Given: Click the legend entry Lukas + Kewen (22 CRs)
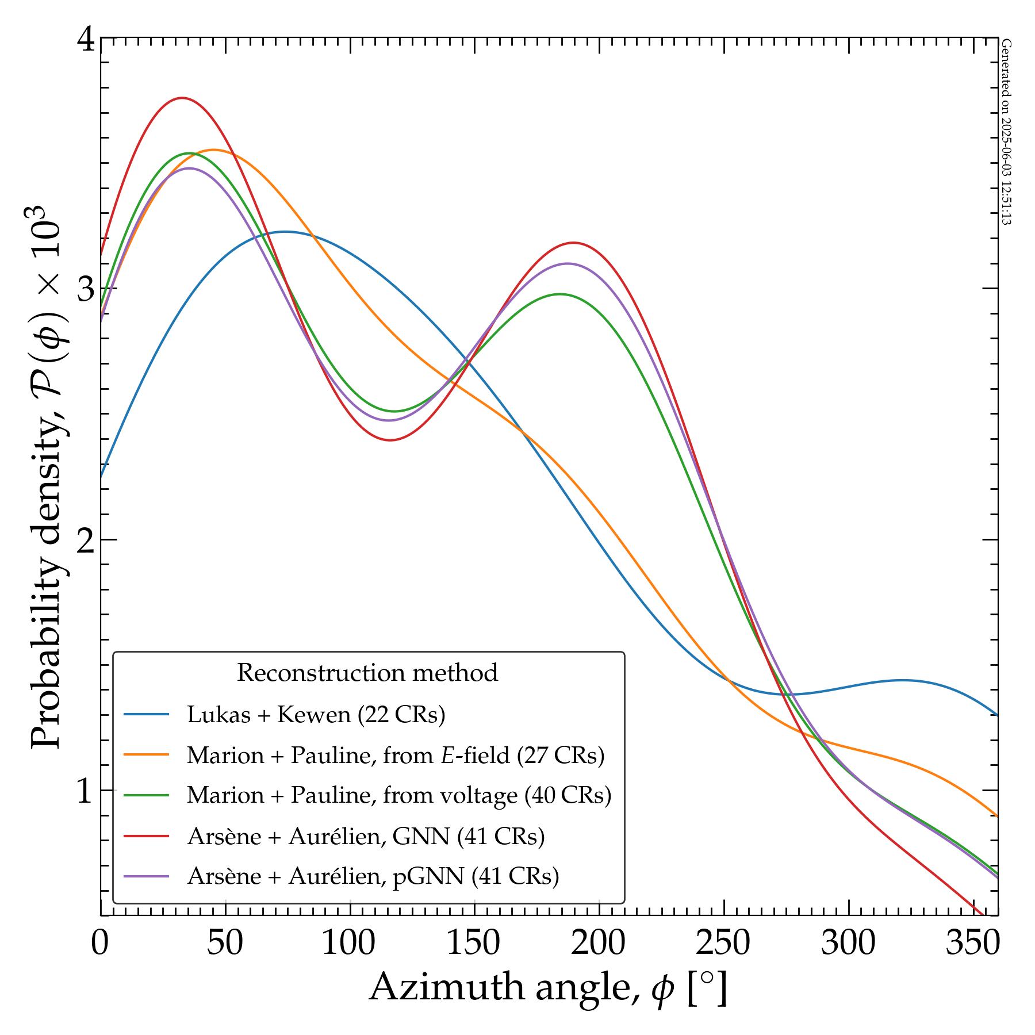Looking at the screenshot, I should pyautogui.click(x=316, y=715).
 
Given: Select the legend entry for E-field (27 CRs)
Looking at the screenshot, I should pyautogui.click(x=396, y=755).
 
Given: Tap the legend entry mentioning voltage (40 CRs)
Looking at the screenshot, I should pyautogui.click(x=399, y=795).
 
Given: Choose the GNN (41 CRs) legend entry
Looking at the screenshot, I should pyautogui.click(x=366, y=836).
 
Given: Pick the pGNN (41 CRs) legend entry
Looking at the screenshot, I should pyautogui.click(x=373, y=876).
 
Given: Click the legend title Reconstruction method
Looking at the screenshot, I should pyautogui.click(x=367, y=673).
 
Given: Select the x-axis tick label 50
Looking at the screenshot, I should pyautogui.click(x=225, y=943).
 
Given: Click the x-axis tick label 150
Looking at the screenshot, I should pyautogui.click(x=474, y=943).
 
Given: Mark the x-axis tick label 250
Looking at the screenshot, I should pyautogui.click(x=724, y=943).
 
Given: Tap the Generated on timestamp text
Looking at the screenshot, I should pyautogui.click(x=1006, y=132).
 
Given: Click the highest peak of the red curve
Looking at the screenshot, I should pyautogui.click(x=182, y=98).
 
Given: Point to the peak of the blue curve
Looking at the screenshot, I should pyautogui.click(x=285, y=232).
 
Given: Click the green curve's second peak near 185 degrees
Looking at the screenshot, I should pyautogui.click(x=560, y=294).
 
